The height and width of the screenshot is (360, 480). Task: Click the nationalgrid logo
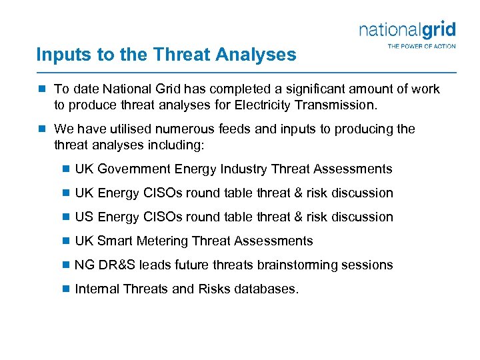407,30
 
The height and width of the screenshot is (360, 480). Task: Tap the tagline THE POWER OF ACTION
421,46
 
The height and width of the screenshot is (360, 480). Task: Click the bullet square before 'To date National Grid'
42,89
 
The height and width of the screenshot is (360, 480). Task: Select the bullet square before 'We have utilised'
42,129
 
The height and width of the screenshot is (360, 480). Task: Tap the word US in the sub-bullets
84,217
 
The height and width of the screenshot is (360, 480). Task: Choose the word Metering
160,241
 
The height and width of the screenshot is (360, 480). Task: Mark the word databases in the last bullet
266,289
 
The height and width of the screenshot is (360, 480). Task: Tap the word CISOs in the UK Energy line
159,193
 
